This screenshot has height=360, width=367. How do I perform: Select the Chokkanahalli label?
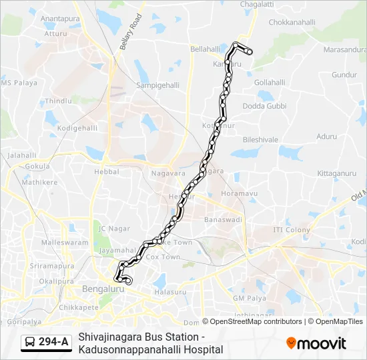291,22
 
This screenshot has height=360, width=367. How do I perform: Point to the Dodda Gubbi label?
264,106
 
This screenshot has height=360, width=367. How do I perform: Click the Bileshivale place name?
260,140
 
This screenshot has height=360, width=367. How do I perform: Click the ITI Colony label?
292,230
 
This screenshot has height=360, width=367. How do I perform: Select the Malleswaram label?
65,243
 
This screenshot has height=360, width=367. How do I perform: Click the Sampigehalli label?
155,86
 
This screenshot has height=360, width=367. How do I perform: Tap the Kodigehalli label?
78,127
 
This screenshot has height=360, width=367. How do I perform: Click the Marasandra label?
345,49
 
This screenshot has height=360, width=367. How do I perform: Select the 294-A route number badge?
53,342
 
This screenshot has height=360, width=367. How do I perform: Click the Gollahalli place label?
270,81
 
